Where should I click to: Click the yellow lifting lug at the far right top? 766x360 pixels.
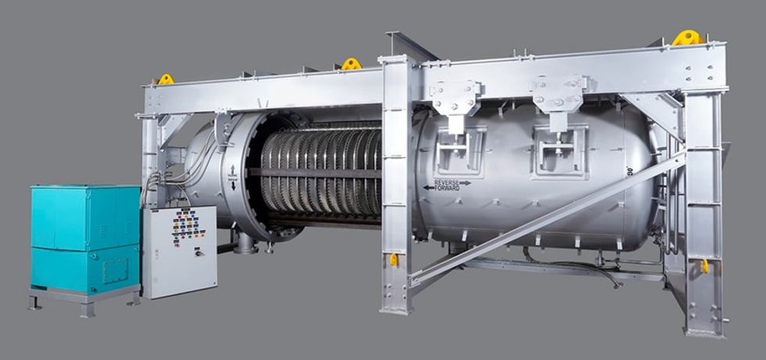686,38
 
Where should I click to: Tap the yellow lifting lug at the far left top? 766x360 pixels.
165,79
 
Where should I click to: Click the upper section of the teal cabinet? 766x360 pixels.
85,217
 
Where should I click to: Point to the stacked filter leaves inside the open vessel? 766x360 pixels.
321,172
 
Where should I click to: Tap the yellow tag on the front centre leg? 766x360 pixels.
394,259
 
